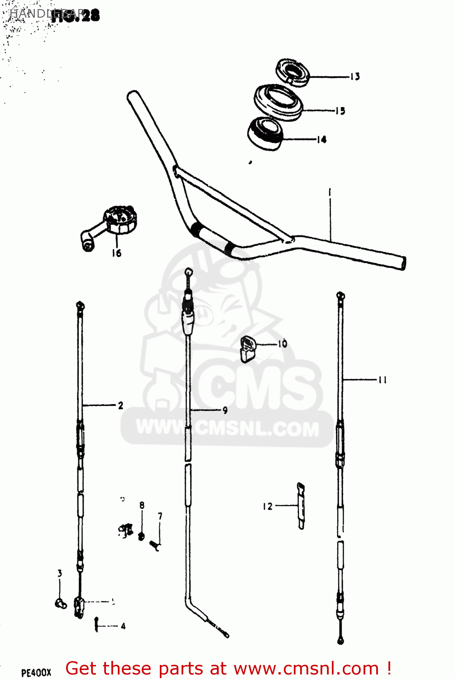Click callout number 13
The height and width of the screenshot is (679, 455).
pos(355,77)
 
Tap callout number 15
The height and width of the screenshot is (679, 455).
pos(340,110)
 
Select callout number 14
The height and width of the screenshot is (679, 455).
pos(321,139)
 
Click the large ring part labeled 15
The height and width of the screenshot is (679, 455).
pos(278,102)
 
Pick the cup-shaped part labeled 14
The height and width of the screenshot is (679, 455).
pos(265,133)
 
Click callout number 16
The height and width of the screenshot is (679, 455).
pos(117,253)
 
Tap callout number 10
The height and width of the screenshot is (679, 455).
pos(283,344)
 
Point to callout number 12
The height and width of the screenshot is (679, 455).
pos(268,506)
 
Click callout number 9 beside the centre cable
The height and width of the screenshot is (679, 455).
pos(225,411)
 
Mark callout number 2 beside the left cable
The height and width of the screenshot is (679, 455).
pos(120,406)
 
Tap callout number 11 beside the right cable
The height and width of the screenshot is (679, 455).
pos(383,380)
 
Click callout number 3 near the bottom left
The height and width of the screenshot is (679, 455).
pos(60,574)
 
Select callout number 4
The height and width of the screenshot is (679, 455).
pos(123,626)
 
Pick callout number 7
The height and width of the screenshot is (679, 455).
pos(160,516)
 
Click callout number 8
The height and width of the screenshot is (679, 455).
pos(142,505)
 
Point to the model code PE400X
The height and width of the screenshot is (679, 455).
pos(36,673)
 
